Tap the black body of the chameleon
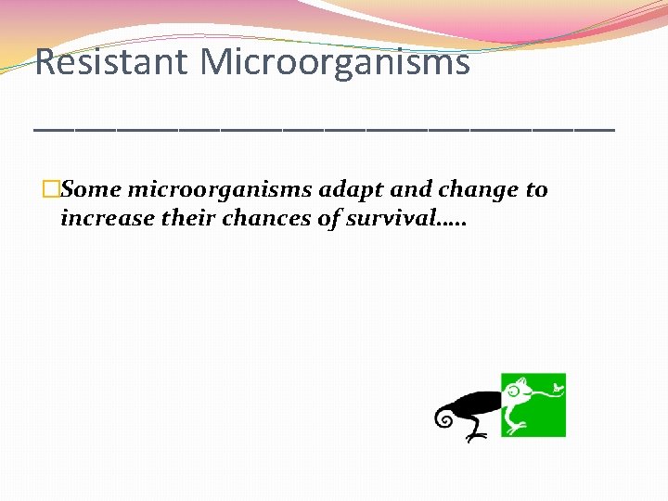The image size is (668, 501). (478, 404)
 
